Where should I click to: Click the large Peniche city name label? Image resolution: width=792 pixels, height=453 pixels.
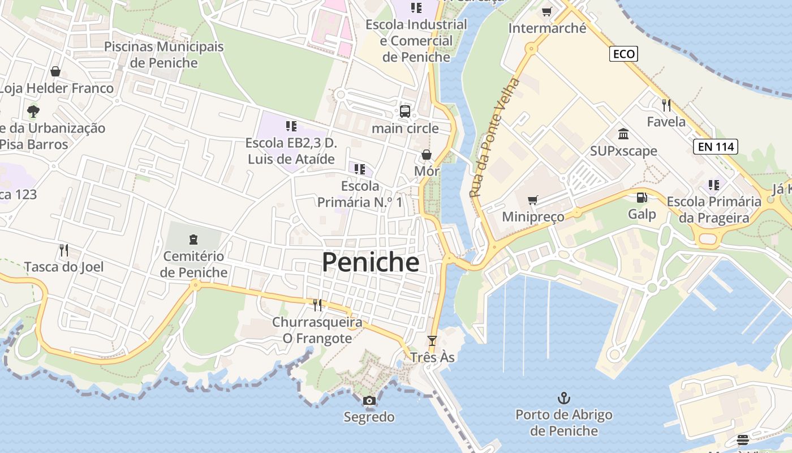[x=371, y=263]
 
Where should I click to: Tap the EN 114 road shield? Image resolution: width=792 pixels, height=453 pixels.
[x=716, y=147]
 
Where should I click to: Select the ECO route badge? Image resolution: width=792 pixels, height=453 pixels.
[x=624, y=54]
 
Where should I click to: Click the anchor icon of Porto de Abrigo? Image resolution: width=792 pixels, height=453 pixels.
[x=563, y=398]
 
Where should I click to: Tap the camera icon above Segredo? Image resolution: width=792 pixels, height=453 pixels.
[x=369, y=401]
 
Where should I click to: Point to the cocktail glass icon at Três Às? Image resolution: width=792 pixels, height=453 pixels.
[x=432, y=340]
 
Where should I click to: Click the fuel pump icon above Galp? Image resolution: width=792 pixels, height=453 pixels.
[x=642, y=198]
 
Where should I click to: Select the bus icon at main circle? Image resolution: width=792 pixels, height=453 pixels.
[x=405, y=111]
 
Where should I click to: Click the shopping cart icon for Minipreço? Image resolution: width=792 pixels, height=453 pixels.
[x=532, y=200]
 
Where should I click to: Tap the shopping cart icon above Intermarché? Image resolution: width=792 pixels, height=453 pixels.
[x=546, y=11]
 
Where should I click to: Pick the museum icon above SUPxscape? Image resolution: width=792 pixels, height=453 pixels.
[x=623, y=134]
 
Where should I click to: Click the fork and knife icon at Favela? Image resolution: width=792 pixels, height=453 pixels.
[x=666, y=105]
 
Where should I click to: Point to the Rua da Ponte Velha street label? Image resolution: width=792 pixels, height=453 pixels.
[x=494, y=138]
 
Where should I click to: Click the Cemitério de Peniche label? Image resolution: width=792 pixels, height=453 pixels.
[x=193, y=264]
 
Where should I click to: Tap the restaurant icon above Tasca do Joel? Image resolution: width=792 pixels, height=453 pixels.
[x=64, y=250]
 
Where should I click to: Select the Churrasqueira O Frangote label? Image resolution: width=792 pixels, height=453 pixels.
[x=317, y=330]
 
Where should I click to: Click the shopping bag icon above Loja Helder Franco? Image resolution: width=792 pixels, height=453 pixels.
[x=55, y=71]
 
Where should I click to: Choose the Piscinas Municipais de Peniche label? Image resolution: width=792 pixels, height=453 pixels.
[x=164, y=54]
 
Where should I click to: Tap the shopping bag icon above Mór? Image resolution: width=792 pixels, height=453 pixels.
[x=427, y=155]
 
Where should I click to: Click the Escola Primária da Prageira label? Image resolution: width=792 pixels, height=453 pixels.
[x=714, y=210]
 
